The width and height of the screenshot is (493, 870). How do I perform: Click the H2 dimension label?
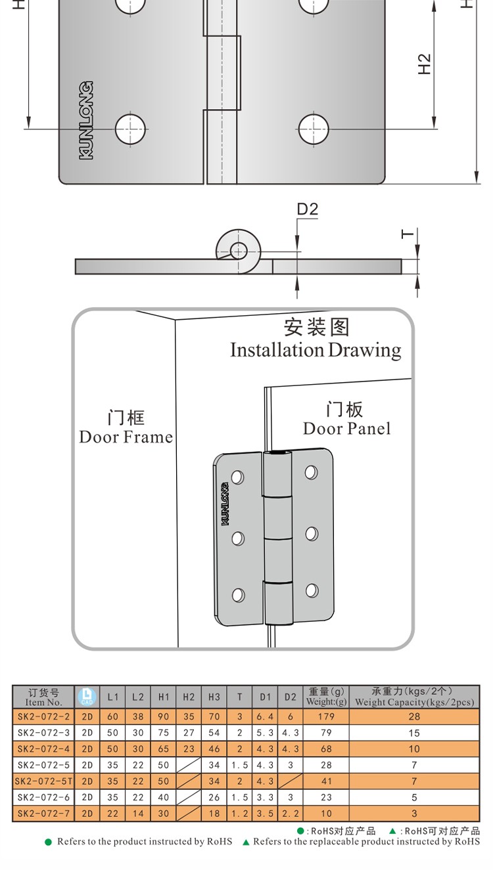[425, 64]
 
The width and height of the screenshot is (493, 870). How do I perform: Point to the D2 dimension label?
[307, 209]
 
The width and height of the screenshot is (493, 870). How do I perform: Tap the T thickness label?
[408, 234]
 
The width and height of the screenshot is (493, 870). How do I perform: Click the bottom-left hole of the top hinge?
[130, 129]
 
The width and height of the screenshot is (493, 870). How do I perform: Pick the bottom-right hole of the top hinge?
[313, 129]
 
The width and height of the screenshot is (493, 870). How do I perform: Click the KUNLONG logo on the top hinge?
[85, 120]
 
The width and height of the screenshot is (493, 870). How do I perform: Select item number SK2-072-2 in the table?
[43, 716]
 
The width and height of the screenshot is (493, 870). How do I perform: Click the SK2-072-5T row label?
[43, 781]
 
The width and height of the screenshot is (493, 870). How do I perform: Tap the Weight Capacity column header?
[414, 697]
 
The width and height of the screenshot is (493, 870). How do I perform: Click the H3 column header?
[214, 697]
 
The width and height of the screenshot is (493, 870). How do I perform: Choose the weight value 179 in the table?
[326, 716]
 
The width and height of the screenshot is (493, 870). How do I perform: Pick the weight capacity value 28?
[414, 716]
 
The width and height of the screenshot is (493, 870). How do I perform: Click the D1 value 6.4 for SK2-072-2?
[265, 716]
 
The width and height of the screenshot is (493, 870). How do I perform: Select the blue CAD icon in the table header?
[87, 697]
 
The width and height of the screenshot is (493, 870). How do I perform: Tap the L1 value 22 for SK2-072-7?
[113, 814]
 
